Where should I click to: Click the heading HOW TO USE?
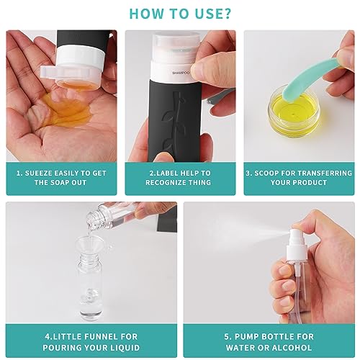coord(180,13)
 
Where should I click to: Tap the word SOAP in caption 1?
coord(63,183)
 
